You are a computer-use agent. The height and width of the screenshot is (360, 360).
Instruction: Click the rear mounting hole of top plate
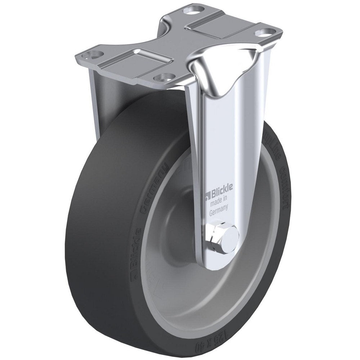tap(191, 10)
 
